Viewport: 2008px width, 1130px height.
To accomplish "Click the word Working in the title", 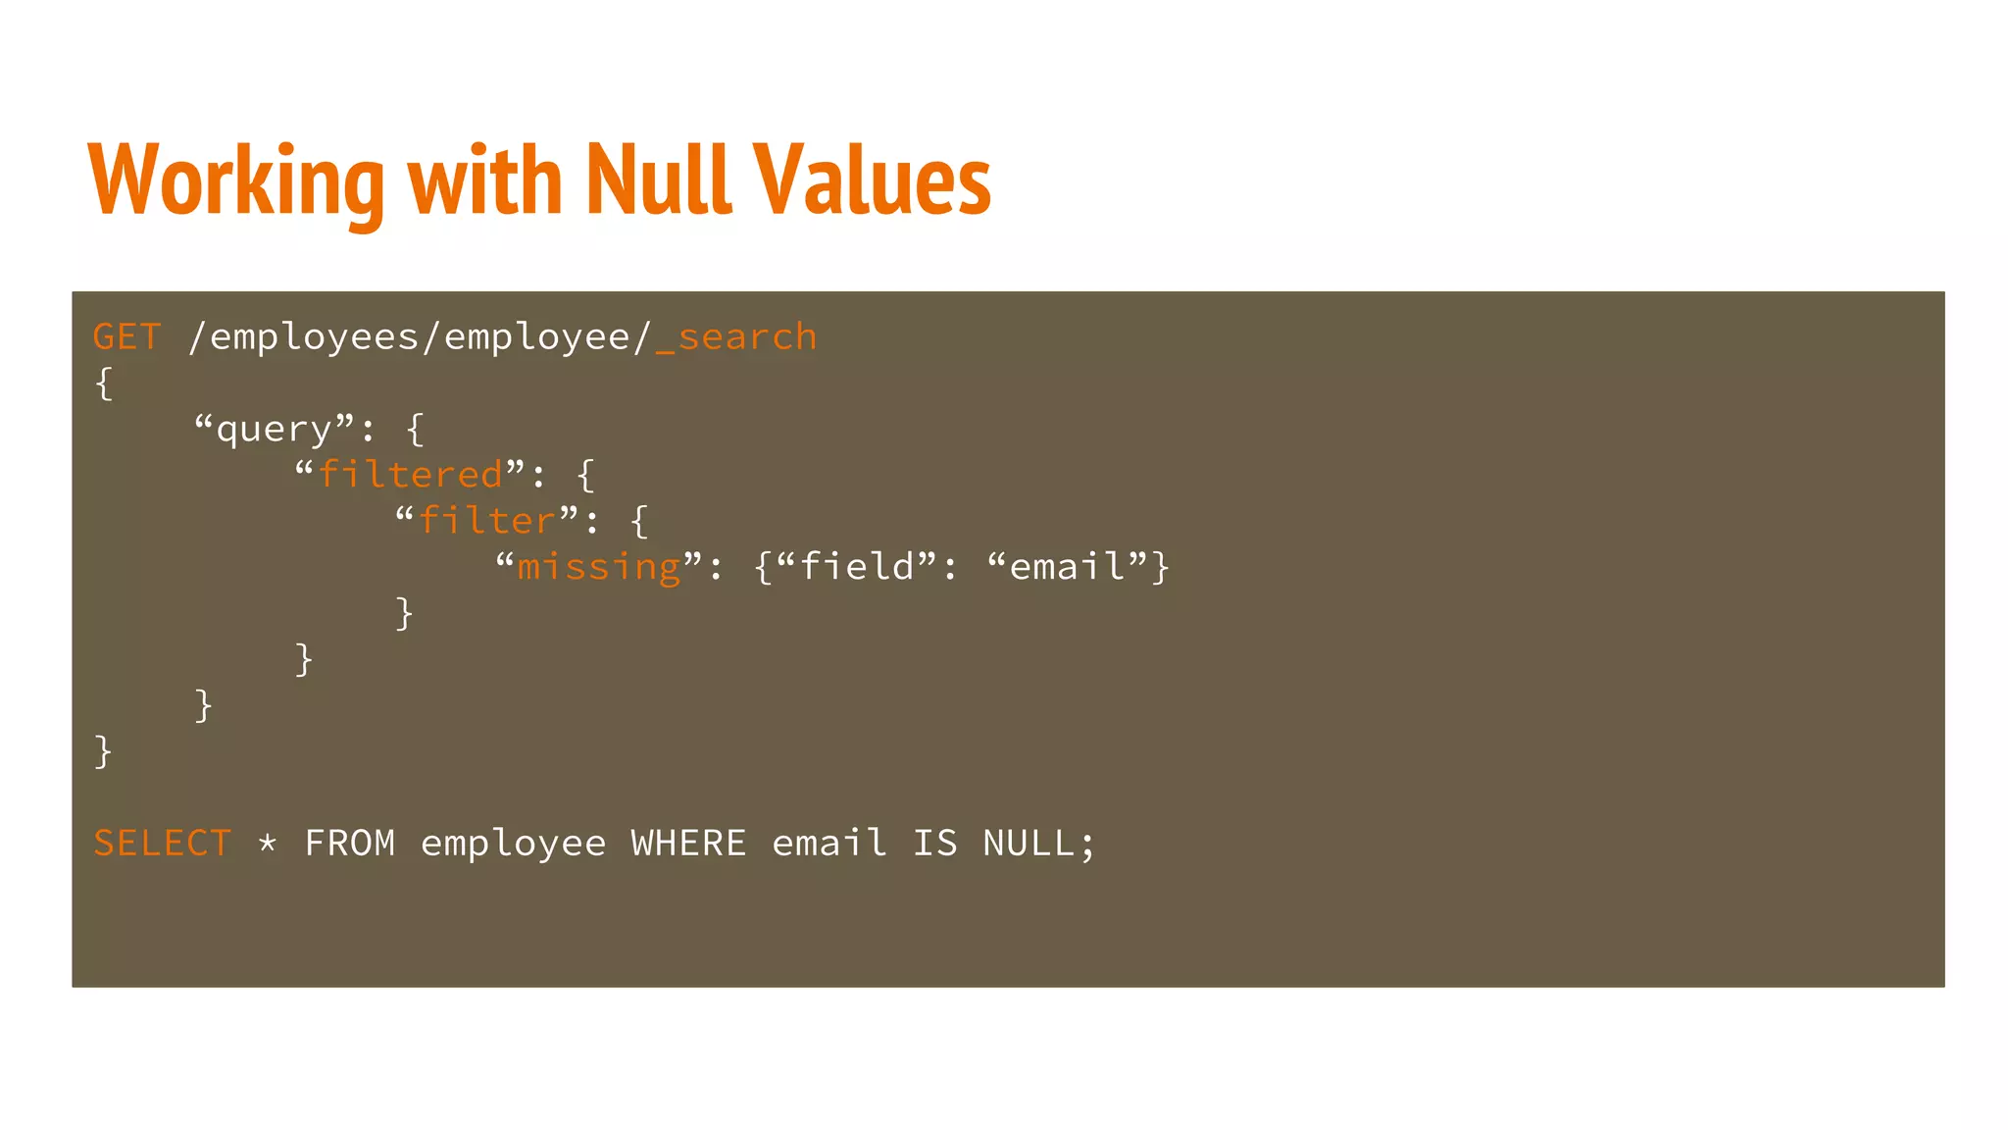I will click(236, 181).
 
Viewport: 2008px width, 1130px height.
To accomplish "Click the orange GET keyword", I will click(126, 337).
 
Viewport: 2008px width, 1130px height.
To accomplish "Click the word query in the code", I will click(274, 430).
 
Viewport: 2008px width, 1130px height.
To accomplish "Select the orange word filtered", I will click(411, 476).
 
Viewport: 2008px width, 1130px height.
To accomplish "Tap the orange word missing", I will click(598, 568).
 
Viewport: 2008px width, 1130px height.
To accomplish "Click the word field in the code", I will click(857, 567).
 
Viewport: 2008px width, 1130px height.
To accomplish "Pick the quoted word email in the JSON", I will click(1068, 567).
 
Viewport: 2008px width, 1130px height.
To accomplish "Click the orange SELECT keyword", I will click(163, 844).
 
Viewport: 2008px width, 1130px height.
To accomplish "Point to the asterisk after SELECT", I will click(268, 844).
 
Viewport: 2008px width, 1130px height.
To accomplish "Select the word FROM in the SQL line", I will click(350, 844).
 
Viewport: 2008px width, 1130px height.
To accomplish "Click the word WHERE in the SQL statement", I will click(688, 844).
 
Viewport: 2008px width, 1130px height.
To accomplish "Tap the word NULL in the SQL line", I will click(1029, 844).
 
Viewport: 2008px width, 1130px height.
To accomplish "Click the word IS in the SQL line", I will click(934, 844).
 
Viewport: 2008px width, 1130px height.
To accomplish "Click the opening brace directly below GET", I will click(104, 384).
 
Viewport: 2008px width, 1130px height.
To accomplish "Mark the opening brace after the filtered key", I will click(585, 476).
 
